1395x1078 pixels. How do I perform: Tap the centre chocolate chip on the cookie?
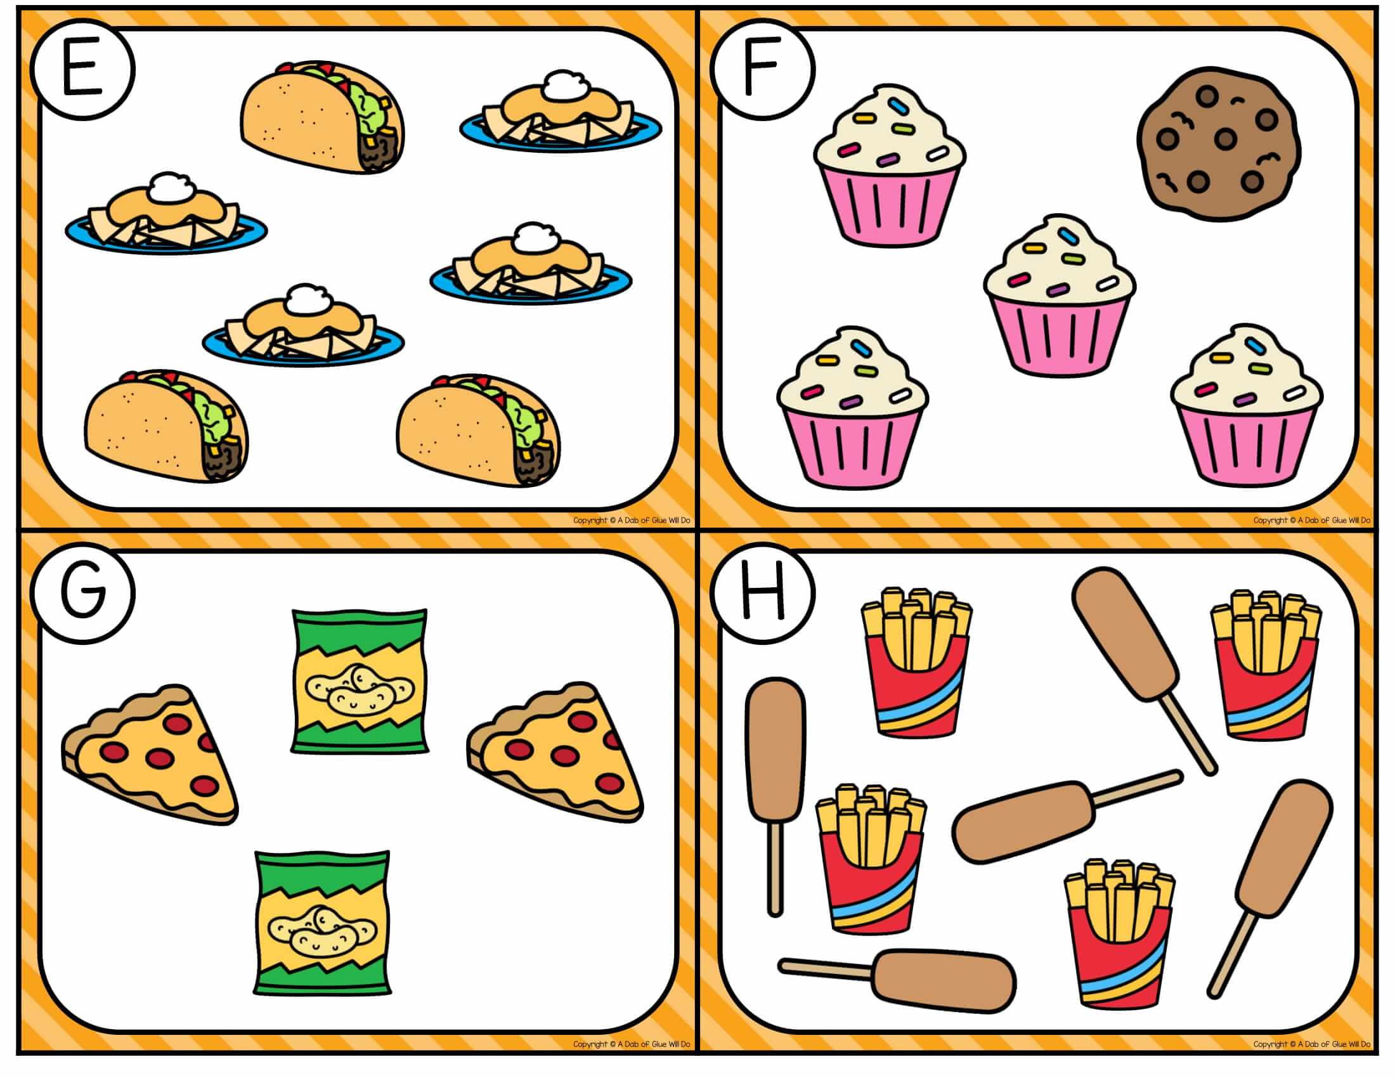[1225, 138]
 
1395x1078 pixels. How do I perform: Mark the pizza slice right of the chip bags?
[554, 753]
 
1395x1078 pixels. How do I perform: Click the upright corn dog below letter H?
[775, 796]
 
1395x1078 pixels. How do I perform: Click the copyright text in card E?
[631, 521]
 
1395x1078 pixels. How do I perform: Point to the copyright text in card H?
[1311, 1044]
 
